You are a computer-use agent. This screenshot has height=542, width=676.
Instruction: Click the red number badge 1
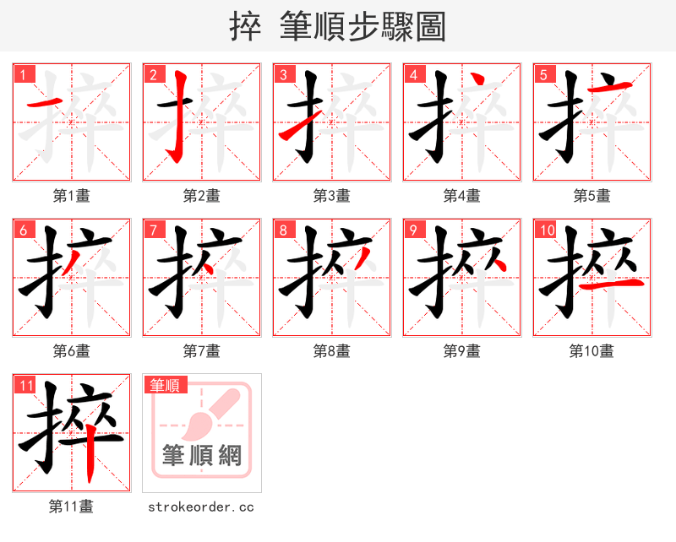(23, 74)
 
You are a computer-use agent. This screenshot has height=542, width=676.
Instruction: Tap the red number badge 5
(543, 74)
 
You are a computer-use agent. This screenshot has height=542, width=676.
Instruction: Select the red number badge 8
(283, 230)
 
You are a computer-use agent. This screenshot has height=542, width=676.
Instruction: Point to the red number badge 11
(25, 385)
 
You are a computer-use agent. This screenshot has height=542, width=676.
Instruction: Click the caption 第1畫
(72, 196)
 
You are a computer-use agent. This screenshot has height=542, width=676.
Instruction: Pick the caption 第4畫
(462, 196)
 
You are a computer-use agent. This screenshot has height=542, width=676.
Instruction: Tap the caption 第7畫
(202, 351)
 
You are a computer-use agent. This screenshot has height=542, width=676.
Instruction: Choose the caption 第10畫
(591, 351)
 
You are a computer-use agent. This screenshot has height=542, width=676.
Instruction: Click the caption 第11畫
(72, 507)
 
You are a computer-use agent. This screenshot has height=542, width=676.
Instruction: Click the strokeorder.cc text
(201, 507)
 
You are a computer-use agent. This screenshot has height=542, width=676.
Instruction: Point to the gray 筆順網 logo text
(202, 456)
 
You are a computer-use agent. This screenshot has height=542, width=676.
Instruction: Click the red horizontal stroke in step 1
(45, 104)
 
